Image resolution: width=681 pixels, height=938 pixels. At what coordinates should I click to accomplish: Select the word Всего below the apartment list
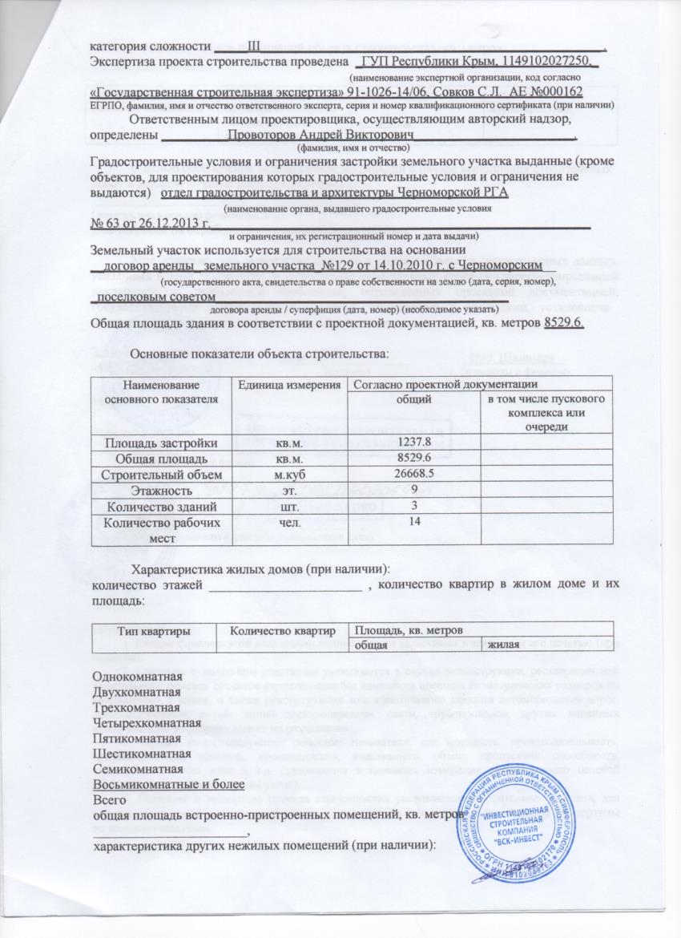(x=110, y=801)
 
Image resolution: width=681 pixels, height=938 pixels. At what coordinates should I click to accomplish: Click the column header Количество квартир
(x=283, y=631)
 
